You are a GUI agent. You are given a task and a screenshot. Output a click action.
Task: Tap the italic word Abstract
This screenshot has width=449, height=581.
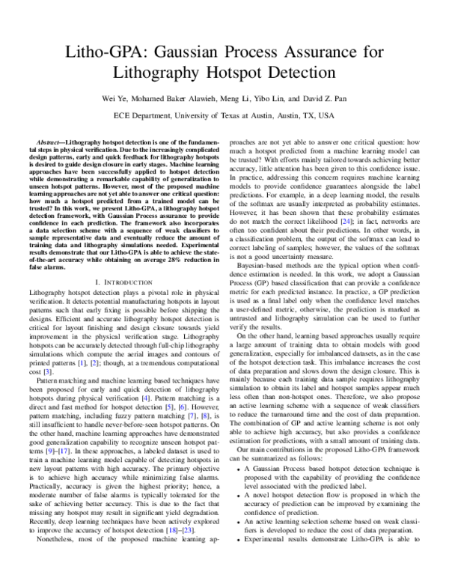pyautogui.click(x=49, y=142)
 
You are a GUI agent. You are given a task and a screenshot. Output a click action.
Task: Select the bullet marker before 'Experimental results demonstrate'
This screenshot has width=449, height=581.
pyautogui.click(x=238, y=558)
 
